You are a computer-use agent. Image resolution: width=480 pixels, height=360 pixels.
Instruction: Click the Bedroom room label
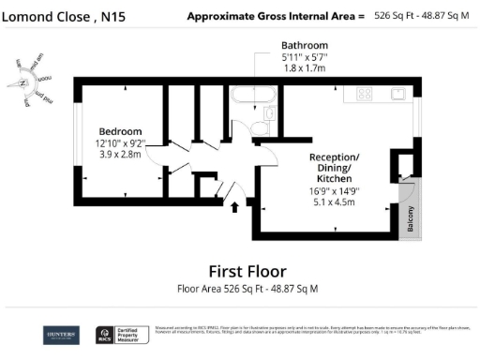pyautogui.click(x=121, y=130)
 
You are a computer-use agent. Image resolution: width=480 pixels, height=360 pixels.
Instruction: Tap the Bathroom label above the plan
pyautogui.click(x=305, y=45)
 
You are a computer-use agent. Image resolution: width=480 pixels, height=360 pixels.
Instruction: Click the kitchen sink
pyautogui.click(x=397, y=94)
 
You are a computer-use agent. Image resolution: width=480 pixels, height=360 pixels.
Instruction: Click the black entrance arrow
pyautogui.click(x=233, y=208)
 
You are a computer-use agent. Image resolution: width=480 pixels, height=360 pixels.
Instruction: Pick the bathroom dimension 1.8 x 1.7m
pyautogui.click(x=305, y=67)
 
